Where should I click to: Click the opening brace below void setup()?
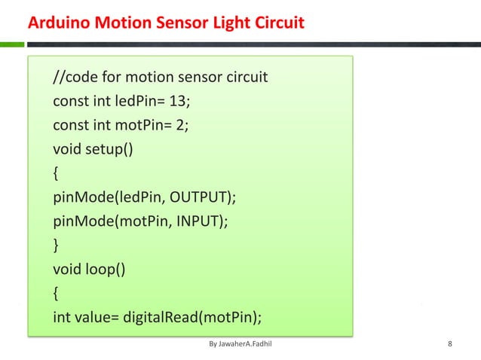pyautogui.click(x=56, y=173)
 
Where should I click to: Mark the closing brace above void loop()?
pyautogui.click(x=56, y=245)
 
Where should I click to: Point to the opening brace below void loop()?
pyautogui.click(x=56, y=293)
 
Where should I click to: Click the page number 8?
pyautogui.click(x=450, y=345)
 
